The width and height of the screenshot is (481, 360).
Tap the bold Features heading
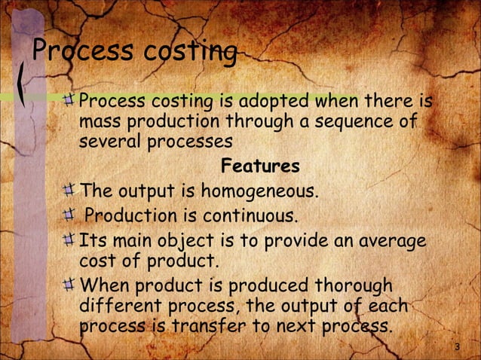pyautogui.click(x=260, y=166)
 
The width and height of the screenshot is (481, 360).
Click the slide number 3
pyautogui.click(x=458, y=346)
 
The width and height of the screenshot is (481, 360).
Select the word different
pyautogui.click(x=116, y=307)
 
